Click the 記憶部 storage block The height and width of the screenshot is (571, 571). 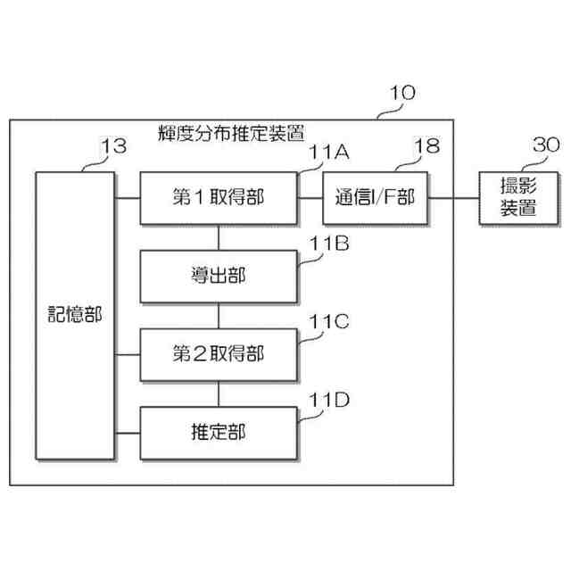75,316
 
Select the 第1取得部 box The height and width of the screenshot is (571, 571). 218,197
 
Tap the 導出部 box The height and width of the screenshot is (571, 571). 218,277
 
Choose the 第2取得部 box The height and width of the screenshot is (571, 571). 218,354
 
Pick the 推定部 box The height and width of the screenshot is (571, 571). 218,433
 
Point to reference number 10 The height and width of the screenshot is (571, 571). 402,92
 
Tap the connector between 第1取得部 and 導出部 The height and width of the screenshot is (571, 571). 219,236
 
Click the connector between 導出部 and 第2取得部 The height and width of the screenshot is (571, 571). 219,316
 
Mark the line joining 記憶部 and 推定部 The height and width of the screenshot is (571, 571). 128,433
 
